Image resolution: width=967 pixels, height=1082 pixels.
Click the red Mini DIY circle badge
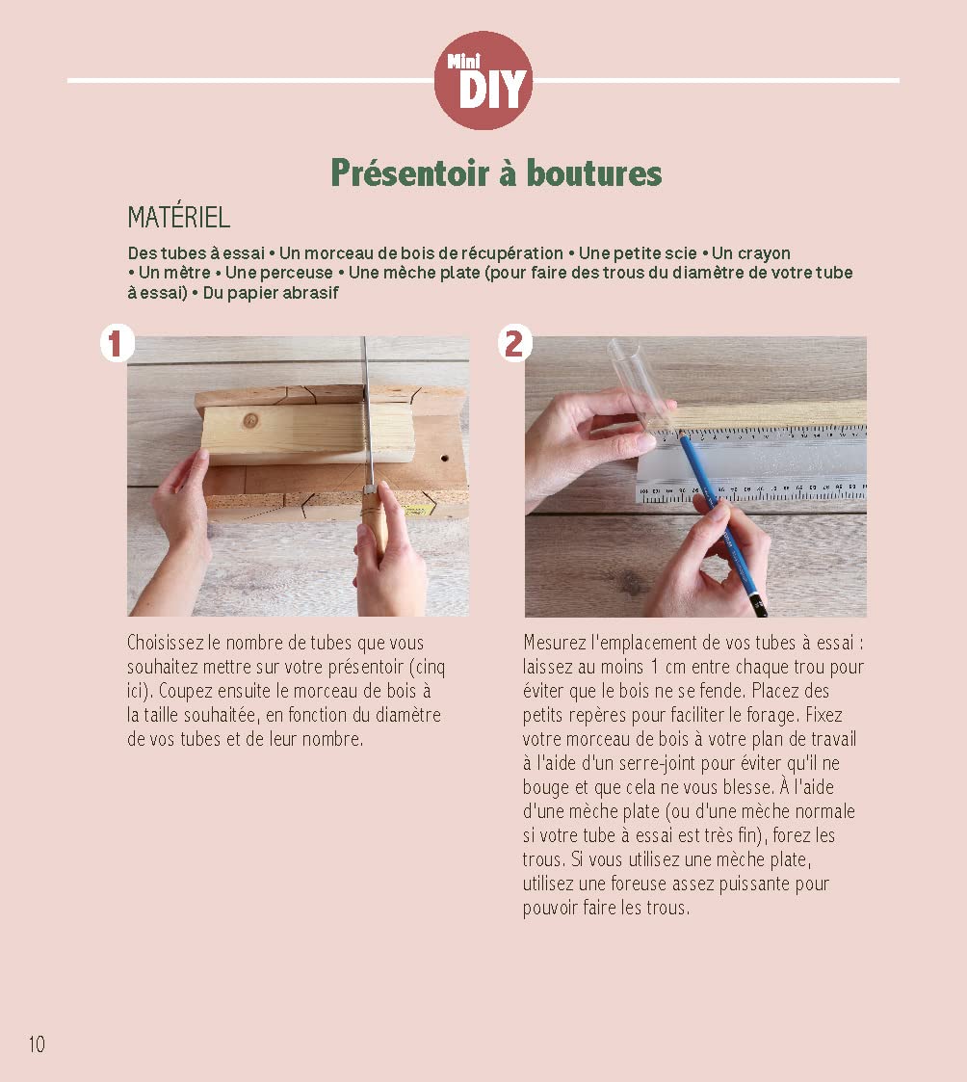click(x=483, y=80)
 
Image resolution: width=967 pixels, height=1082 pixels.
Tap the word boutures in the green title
click(x=594, y=172)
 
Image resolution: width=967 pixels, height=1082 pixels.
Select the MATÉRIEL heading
click(x=178, y=218)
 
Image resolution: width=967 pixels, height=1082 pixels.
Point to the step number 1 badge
click(x=116, y=343)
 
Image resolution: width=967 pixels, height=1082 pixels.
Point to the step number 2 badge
click(x=514, y=343)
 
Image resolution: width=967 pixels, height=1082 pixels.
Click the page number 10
click(x=37, y=1044)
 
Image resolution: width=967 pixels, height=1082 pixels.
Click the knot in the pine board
click(x=251, y=420)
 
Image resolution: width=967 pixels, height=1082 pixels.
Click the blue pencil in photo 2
click(x=720, y=520)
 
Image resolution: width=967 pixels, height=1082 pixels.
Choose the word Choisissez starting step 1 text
click(x=166, y=643)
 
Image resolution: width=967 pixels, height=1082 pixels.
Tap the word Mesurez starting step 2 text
click(x=555, y=643)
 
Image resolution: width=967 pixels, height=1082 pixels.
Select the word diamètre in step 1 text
click(x=407, y=715)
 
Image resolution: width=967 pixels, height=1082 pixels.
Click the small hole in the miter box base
click(x=444, y=458)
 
